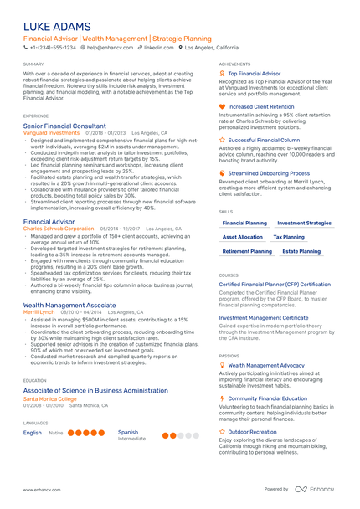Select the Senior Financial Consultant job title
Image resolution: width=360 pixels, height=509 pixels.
click(64, 126)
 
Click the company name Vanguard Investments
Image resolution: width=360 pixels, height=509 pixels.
click(51, 132)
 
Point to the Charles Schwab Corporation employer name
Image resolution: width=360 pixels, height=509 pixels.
click(59, 228)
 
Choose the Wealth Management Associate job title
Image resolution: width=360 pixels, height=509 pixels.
click(69, 306)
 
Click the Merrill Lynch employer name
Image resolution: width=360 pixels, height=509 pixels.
click(39, 312)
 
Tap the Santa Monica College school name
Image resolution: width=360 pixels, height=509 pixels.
click(49, 398)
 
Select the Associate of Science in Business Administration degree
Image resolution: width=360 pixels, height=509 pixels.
click(95, 391)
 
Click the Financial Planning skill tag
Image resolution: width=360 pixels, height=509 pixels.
click(244, 224)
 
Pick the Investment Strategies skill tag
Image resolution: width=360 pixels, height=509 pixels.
click(304, 224)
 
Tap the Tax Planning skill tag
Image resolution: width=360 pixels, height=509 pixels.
click(289, 237)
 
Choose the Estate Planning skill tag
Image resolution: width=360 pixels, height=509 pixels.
click(301, 251)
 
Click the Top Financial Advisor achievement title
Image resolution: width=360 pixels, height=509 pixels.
click(254, 74)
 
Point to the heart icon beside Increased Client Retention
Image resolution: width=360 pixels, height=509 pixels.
click(222, 106)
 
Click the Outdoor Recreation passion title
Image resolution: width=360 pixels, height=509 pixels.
click(252, 432)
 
